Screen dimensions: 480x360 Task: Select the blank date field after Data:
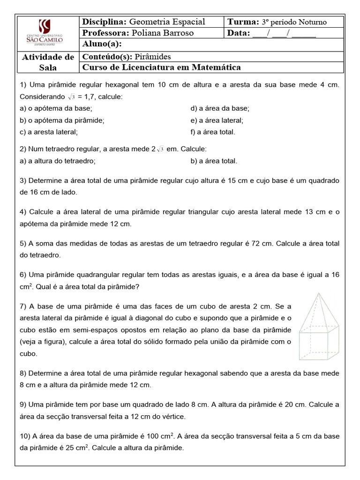[x=284, y=33]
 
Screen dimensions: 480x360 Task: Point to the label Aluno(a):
[x=102, y=44]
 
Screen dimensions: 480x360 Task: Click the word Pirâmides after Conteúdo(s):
[x=153, y=57]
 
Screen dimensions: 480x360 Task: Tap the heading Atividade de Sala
[x=48, y=62]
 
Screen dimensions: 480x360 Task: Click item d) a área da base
[x=220, y=108]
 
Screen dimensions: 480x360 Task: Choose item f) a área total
[x=213, y=132]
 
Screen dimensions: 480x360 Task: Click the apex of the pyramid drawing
[x=319, y=294]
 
